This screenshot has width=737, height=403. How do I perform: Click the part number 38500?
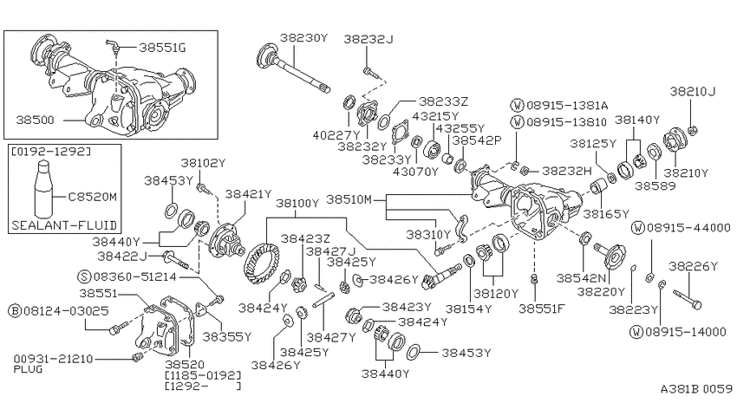(x=35, y=120)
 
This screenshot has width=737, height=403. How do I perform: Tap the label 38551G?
(x=162, y=48)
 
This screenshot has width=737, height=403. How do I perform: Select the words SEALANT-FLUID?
(x=64, y=225)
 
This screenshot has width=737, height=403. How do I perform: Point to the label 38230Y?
(x=303, y=37)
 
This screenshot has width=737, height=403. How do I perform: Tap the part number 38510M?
(x=349, y=199)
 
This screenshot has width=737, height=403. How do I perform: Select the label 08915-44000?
(x=688, y=228)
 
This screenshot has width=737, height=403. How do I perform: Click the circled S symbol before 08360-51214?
(x=84, y=276)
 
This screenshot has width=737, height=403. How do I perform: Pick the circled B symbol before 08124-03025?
(x=15, y=311)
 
